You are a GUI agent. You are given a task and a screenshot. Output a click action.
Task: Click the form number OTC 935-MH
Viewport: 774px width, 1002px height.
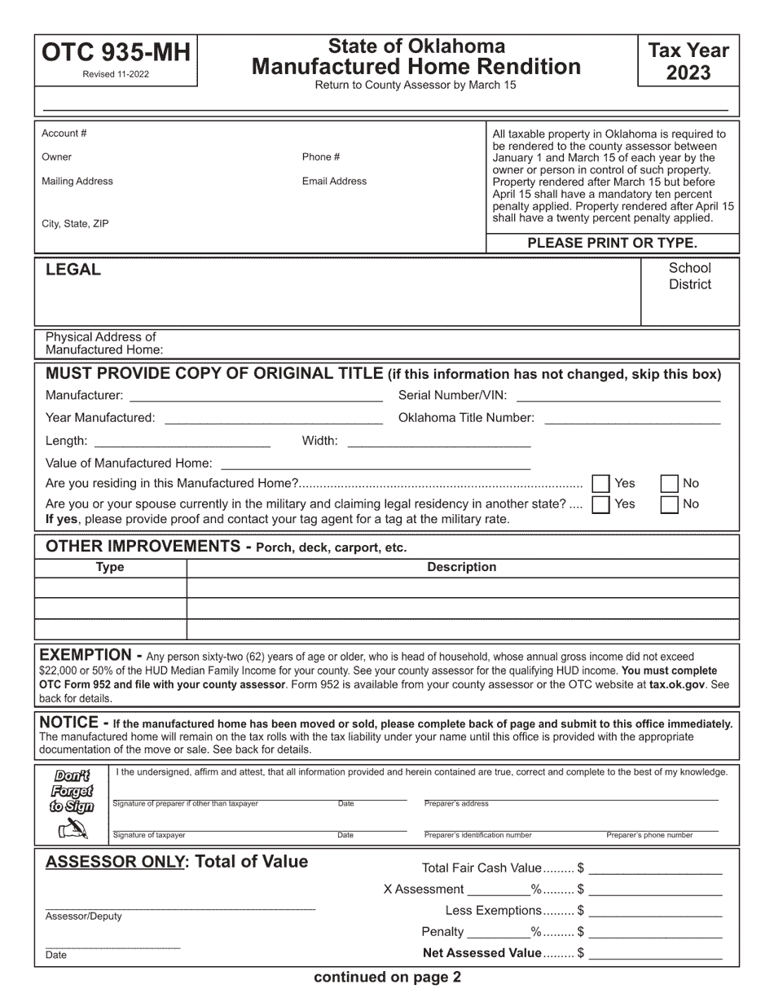coord(115,53)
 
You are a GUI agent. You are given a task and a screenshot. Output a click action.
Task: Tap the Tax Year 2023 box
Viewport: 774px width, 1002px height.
coord(688,61)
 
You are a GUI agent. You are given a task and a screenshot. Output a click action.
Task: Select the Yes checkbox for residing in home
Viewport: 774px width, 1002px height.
coord(601,484)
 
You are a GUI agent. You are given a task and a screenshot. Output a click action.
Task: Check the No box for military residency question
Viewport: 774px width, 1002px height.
coord(669,504)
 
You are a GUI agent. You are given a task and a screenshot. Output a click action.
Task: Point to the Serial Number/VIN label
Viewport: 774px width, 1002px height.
coord(452,395)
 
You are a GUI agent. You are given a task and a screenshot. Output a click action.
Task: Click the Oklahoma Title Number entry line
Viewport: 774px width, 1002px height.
coord(631,420)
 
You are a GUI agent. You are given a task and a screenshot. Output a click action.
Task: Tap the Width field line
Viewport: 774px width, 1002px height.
coord(439,442)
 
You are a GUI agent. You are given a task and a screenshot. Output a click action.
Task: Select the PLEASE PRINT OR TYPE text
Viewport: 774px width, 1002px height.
coord(612,243)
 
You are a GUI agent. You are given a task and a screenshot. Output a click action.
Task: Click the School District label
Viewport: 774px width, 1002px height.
coord(689,276)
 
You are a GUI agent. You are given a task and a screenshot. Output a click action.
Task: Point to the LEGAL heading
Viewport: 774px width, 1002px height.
coord(73,270)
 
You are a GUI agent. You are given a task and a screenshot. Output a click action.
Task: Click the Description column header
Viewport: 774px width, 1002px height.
coord(461,567)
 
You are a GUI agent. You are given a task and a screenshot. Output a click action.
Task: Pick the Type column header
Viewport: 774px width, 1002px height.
coord(110,567)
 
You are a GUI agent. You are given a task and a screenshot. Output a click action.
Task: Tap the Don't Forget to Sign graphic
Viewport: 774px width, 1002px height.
coord(73,803)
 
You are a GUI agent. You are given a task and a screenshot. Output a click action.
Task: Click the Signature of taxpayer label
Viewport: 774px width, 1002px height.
coord(149,835)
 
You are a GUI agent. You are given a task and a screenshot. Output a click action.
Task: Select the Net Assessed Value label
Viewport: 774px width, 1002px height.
coord(482,952)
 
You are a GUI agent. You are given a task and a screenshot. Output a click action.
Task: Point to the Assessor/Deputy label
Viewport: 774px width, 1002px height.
coord(84,916)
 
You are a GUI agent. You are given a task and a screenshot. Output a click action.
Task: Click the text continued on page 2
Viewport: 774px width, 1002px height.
coord(387,978)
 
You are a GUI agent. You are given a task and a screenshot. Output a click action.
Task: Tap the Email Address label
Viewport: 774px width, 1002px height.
coord(334,181)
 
